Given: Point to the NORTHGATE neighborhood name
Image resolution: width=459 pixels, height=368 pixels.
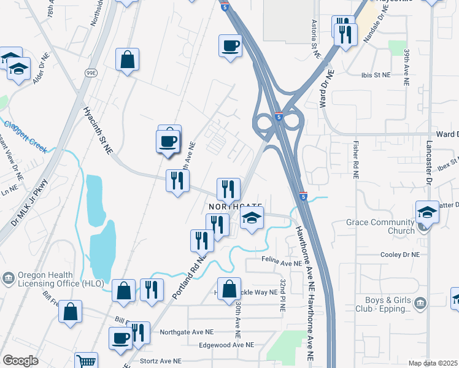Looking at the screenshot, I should click(x=236, y=207).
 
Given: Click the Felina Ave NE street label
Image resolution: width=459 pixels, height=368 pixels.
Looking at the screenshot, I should click(x=280, y=263).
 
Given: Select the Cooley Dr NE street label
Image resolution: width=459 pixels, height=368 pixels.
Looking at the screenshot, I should click(x=399, y=255).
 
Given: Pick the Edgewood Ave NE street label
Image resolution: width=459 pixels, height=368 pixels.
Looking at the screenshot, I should click(x=226, y=345).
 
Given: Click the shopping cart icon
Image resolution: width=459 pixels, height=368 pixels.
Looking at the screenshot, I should click(x=86, y=361).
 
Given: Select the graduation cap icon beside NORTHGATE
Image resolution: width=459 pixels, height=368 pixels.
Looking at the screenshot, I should click(x=252, y=218).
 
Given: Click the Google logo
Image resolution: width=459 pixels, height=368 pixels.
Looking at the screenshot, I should click(x=20, y=361).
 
